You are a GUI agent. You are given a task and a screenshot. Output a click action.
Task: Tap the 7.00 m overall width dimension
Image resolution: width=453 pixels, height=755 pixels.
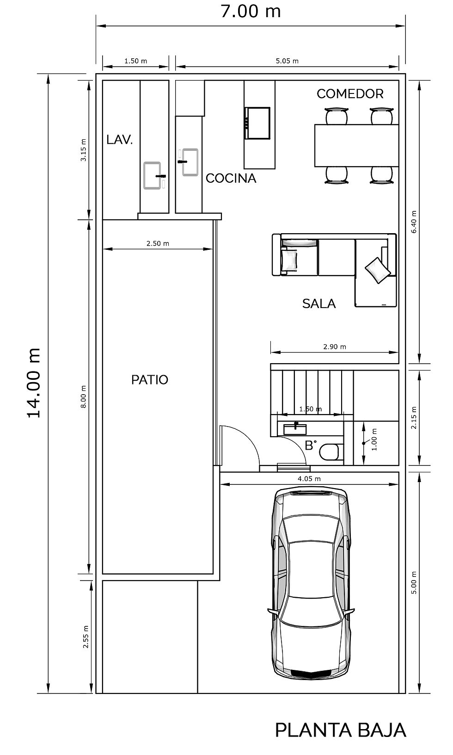pyautogui.click(x=251, y=11)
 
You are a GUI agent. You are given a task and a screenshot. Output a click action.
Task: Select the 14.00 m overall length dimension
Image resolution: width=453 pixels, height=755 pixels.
pyautogui.click(x=34, y=383)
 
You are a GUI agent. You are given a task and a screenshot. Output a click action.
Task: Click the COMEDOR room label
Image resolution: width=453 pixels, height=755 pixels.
pyautogui.click(x=350, y=94)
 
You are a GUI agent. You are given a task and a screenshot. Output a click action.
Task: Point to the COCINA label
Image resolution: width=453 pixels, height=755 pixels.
pyautogui.click(x=231, y=178)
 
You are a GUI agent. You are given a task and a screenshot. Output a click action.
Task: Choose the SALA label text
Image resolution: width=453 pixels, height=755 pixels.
pyautogui.click(x=319, y=303)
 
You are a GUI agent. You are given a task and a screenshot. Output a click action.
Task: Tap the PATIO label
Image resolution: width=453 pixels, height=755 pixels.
pyautogui.click(x=150, y=380)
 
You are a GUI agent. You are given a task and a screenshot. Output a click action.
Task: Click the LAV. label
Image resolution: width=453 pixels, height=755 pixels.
pyautogui.click(x=120, y=140)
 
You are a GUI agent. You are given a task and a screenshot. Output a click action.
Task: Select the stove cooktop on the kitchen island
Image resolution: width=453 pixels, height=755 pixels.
pyautogui.click(x=257, y=123)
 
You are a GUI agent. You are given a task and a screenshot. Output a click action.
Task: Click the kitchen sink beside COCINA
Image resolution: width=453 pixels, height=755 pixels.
pyautogui.click(x=190, y=162)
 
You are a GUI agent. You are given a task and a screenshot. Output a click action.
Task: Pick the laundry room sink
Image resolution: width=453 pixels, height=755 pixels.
pyautogui.click(x=153, y=176)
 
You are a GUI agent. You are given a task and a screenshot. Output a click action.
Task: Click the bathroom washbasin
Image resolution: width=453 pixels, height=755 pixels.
pyautogui.click(x=295, y=429)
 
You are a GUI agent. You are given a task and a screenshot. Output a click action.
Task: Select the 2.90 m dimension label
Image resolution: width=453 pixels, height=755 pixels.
pyautogui.click(x=335, y=347)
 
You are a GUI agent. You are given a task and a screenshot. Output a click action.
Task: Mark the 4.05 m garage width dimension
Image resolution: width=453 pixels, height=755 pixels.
pyautogui.click(x=309, y=479)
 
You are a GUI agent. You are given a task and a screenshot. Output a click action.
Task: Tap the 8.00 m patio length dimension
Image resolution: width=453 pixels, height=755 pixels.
pyautogui.click(x=84, y=397)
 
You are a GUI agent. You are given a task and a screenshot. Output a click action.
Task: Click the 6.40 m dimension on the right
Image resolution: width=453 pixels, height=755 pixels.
pyautogui.click(x=414, y=222)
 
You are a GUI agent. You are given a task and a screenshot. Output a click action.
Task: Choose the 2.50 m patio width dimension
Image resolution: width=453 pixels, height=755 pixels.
pyautogui.click(x=158, y=243)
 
